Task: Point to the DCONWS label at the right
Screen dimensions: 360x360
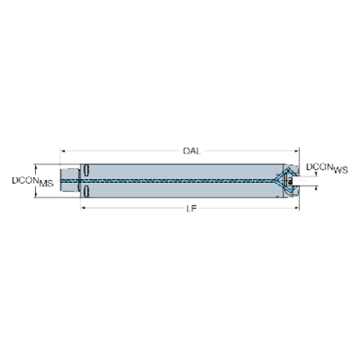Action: (320, 168)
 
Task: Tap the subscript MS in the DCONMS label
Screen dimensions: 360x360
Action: (46, 183)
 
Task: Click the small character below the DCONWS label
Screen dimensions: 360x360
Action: (314, 187)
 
